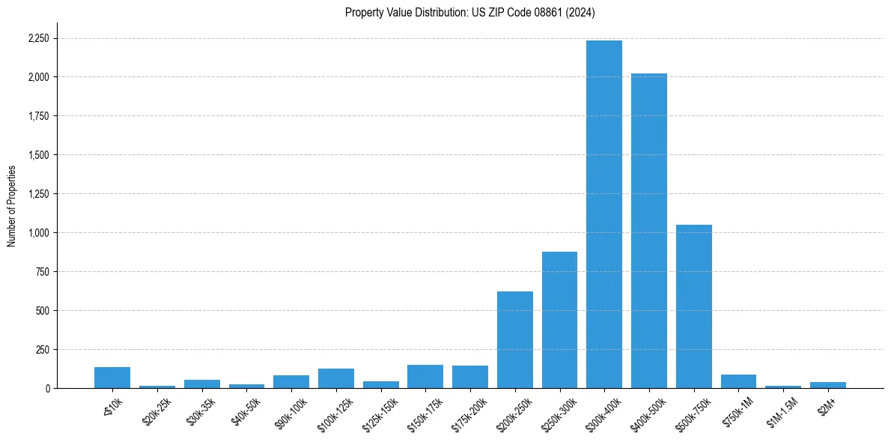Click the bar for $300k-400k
603,214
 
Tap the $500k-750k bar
693,306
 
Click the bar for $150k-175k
425,376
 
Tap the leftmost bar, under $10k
112,378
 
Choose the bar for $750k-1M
738,381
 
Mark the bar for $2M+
827,385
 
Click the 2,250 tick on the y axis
39,38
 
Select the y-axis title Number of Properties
11,206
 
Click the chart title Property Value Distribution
469,12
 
